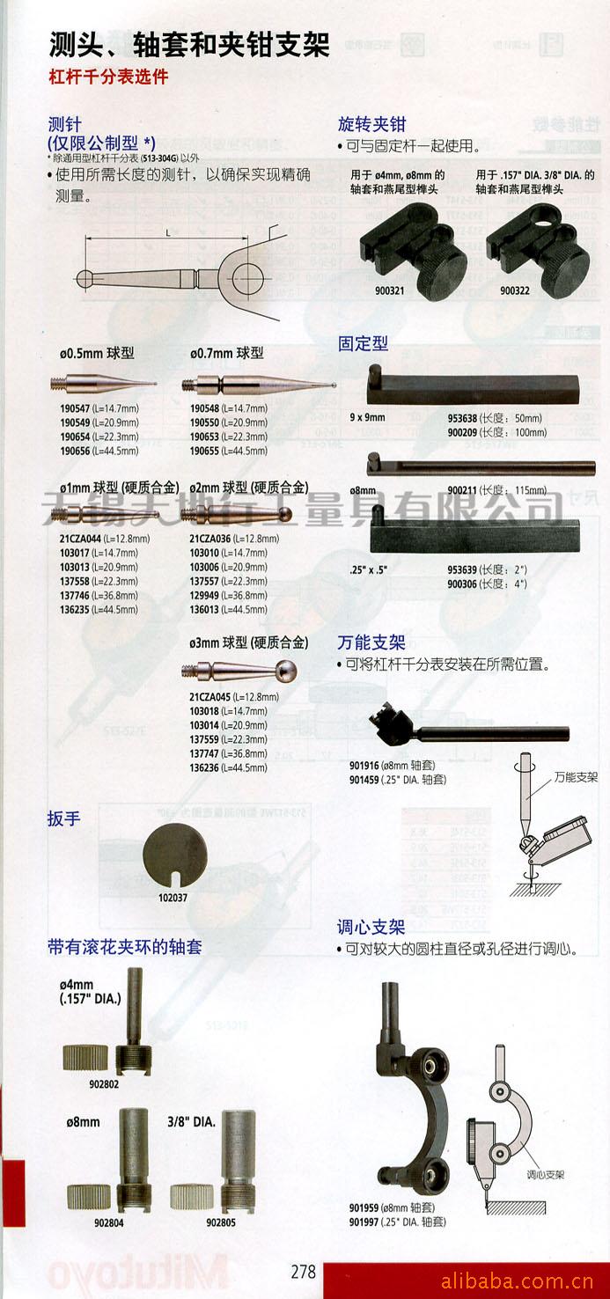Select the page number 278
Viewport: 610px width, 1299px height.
[303, 1272]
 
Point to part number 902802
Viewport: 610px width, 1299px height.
[103, 1084]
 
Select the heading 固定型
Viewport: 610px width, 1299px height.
[363, 344]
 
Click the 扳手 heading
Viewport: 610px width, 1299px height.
[64, 818]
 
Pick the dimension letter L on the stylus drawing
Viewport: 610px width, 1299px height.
[167, 231]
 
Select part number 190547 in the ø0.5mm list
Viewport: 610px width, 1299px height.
[75, 409]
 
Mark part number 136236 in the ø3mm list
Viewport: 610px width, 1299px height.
[205, 767]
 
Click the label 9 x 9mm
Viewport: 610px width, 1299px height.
[367, 417]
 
